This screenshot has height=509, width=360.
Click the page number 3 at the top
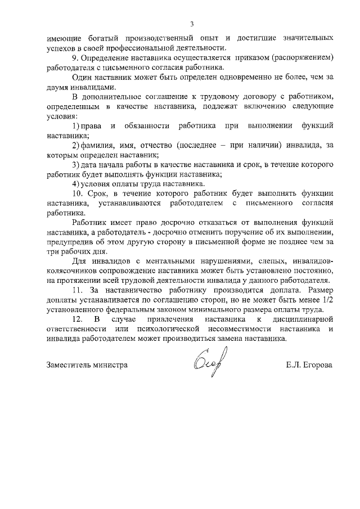click(191, 24)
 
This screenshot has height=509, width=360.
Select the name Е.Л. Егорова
click(309, 364)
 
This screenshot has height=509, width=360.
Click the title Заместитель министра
click(87, 364)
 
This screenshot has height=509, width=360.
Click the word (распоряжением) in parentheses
click(304, 58)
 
